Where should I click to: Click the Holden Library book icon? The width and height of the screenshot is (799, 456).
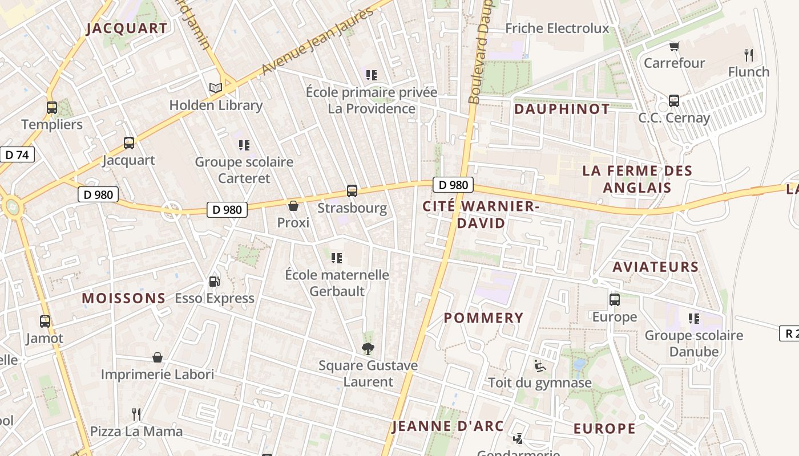215,88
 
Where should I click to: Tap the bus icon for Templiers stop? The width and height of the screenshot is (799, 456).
51,107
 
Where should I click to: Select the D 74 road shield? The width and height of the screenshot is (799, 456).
17,154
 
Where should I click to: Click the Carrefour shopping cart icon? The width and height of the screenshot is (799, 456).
674,46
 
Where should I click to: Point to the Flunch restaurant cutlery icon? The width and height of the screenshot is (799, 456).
749,55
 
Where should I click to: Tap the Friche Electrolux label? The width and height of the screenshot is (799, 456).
557,28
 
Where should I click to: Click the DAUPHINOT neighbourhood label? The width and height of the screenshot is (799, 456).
562,109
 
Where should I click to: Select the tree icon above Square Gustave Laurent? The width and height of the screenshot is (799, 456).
368,348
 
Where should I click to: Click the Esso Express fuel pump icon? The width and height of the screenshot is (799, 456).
214,281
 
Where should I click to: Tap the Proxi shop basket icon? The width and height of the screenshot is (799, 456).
293,206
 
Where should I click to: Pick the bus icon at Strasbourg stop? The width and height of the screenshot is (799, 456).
352,191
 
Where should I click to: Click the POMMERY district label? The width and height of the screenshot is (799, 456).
483,318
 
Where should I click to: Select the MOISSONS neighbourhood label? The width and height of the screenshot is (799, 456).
124,298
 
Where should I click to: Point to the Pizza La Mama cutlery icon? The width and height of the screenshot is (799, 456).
136,414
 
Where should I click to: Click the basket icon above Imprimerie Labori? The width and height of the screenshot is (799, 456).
158,357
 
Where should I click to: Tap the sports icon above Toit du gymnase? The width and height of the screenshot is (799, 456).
539,365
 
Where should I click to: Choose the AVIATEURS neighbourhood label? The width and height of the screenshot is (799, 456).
655,267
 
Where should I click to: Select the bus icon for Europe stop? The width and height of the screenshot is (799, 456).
614,300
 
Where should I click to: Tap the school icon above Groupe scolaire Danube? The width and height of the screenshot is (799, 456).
693,319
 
